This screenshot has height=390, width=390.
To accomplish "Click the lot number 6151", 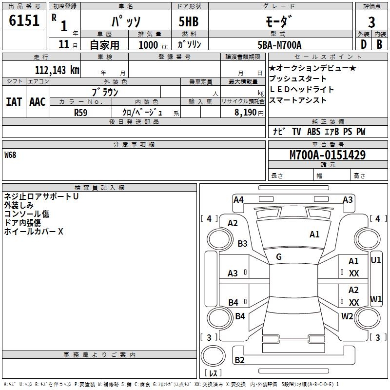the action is pos(24,20).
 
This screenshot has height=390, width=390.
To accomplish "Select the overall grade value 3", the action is pos(371,22).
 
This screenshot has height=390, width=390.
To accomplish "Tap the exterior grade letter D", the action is pos(363,44).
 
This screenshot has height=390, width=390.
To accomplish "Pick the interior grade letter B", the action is pos(379,44).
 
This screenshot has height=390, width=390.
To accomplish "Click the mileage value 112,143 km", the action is pos(57,70).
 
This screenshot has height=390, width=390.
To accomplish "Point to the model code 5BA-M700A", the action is pos(279,45).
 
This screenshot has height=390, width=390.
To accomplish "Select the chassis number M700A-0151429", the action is pos(328,155).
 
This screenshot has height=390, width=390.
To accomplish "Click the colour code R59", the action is pos(80,113).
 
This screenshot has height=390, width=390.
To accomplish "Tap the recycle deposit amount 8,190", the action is pos(245,113).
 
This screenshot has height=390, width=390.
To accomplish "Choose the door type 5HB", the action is pos(189,21).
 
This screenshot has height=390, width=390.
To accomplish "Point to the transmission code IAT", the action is pos(14,102).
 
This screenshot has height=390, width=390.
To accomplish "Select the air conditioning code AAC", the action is pos(38,102).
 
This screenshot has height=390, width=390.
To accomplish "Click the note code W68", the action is pos(10,155).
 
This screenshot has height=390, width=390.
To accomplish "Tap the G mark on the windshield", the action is pos(279,257).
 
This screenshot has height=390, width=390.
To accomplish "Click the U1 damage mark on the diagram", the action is pos(375,260).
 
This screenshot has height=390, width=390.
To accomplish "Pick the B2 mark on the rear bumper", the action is pos(239,360).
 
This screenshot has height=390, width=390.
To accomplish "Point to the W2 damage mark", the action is pos(347,316).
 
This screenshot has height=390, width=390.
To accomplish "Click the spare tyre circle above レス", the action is pos(213,356).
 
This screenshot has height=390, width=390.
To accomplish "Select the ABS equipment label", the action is pos(313,132).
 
